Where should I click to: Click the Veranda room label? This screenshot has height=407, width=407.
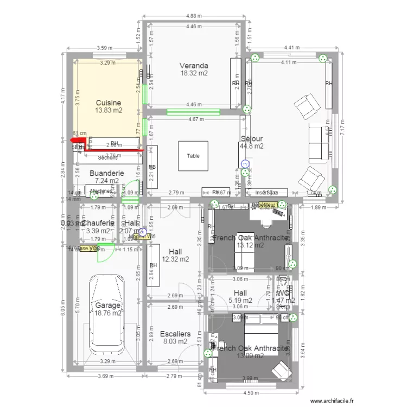coord(194,66)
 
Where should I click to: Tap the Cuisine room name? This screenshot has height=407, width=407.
coord(108,103)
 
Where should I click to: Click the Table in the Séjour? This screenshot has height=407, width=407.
coord(193,156)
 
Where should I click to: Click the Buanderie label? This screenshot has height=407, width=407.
coord(106,174)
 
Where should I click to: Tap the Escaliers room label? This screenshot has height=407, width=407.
coord(175,334)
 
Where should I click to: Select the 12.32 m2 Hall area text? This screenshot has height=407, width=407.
coord(175,259)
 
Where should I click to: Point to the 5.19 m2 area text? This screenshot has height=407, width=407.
coord(240,300)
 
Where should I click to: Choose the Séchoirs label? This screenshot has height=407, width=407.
coord(107,158)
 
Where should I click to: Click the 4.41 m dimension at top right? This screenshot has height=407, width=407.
coord(293,48)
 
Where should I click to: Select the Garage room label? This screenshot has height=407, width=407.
coord(107,306)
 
